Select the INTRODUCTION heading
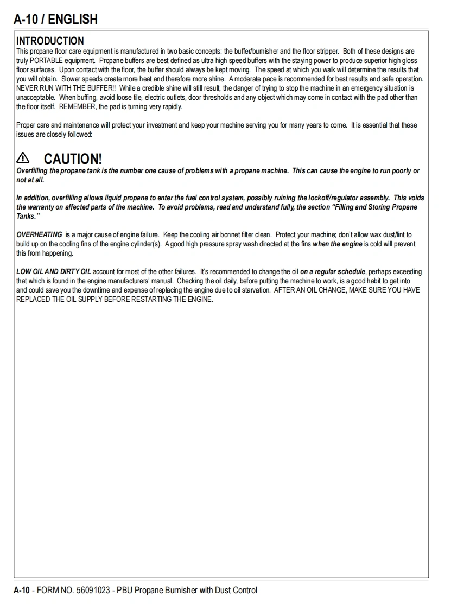(50, 41)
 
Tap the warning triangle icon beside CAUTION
(23, 158)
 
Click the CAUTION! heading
(73, 159)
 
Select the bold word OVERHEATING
(39, 235)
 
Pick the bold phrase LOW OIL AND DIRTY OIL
(54, 271)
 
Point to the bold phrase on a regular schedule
(333, 271)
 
